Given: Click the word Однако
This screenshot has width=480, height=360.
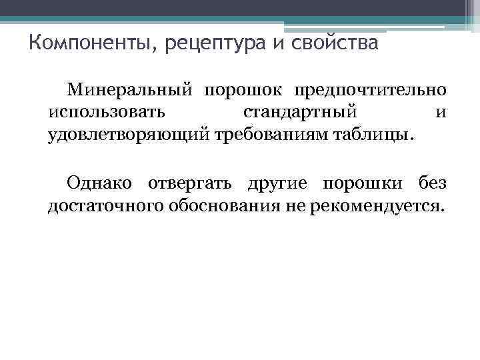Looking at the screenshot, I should click(x=99, y=183).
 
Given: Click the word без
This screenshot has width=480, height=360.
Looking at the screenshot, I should click(x=432, y=183).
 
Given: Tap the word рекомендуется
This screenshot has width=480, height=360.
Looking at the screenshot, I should click(x=376, y=206).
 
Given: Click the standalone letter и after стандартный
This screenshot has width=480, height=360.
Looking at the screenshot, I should click(x=441, y=112).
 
